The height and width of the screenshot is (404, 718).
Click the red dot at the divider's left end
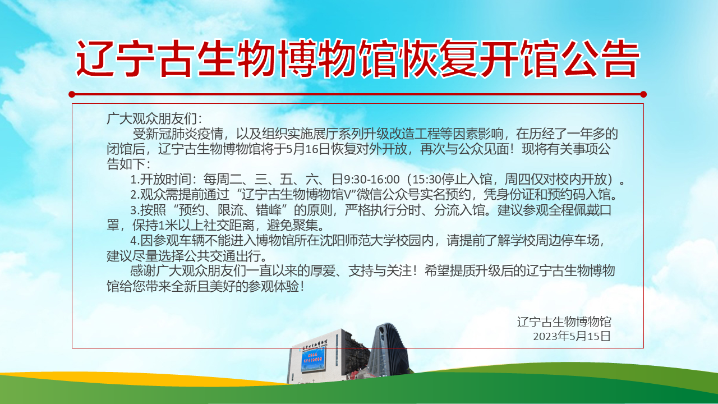tap(72, 94)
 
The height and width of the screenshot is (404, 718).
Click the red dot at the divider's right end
tap(643, 94)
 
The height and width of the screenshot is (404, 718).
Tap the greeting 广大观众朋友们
tap(151, 118)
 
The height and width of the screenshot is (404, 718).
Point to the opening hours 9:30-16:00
tap(372, 180)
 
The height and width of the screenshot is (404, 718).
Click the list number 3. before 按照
tap(135, 210)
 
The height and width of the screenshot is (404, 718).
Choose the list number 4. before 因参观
tap(135, 241)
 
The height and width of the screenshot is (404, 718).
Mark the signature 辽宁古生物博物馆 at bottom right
tap(564, 322)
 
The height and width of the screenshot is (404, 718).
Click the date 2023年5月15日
tap(572, 336)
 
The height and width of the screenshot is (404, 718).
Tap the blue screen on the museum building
tap(313, 360)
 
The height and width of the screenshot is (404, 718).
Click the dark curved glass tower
tap(388, 350)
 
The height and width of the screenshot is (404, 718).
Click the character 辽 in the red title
tap(94, 58)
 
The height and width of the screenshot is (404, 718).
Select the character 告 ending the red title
tap(618, 58)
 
